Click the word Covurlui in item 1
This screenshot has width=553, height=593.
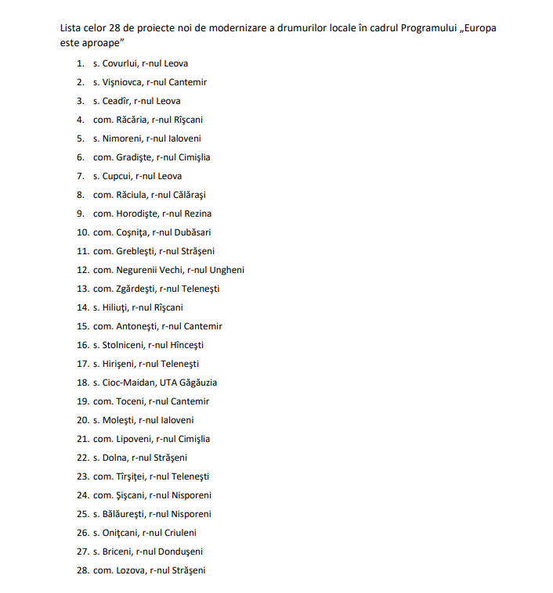pyautogui.click(x=119, y=63)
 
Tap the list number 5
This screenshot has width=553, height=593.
pyautogui.click(x=81, y=138)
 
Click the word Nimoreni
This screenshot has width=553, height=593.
pyautogui.click(x=121, y=138)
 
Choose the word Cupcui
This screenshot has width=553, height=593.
pyautogui.click(x=117, y=176)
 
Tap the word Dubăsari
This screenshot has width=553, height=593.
pyautogui.click(x=191, y=232)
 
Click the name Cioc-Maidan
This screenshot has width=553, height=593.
pyautogui.click(x=128, y=383)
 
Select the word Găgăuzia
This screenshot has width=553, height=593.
pyautogui.click(x=199, y=383)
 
